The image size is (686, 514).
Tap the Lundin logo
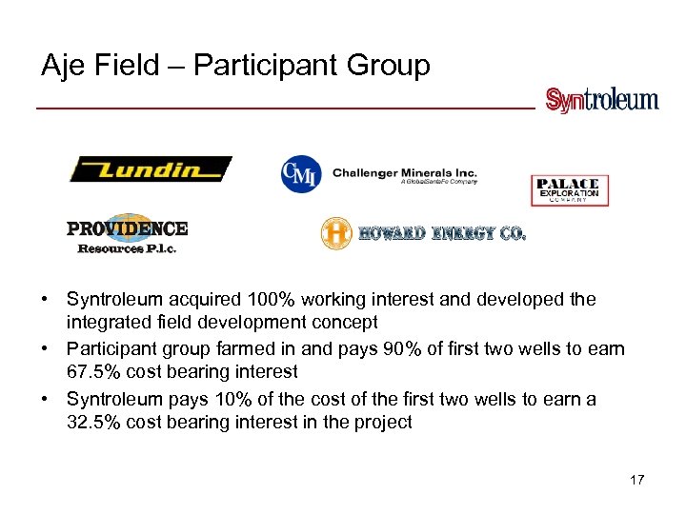pos(150,169)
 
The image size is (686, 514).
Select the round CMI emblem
pos(300,172)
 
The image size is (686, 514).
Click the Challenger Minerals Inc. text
pos(404,173)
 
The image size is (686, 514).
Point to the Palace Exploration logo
pos(569,189)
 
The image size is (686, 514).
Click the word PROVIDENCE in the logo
pos(127,228)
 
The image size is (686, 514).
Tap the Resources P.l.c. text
pos(127,248)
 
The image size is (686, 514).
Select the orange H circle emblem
pos(336,233)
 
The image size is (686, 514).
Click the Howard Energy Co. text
pos(441,233)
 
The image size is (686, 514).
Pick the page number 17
pos(636,480)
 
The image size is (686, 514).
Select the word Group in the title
pos(391,66)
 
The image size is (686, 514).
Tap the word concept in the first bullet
pos(347,323)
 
